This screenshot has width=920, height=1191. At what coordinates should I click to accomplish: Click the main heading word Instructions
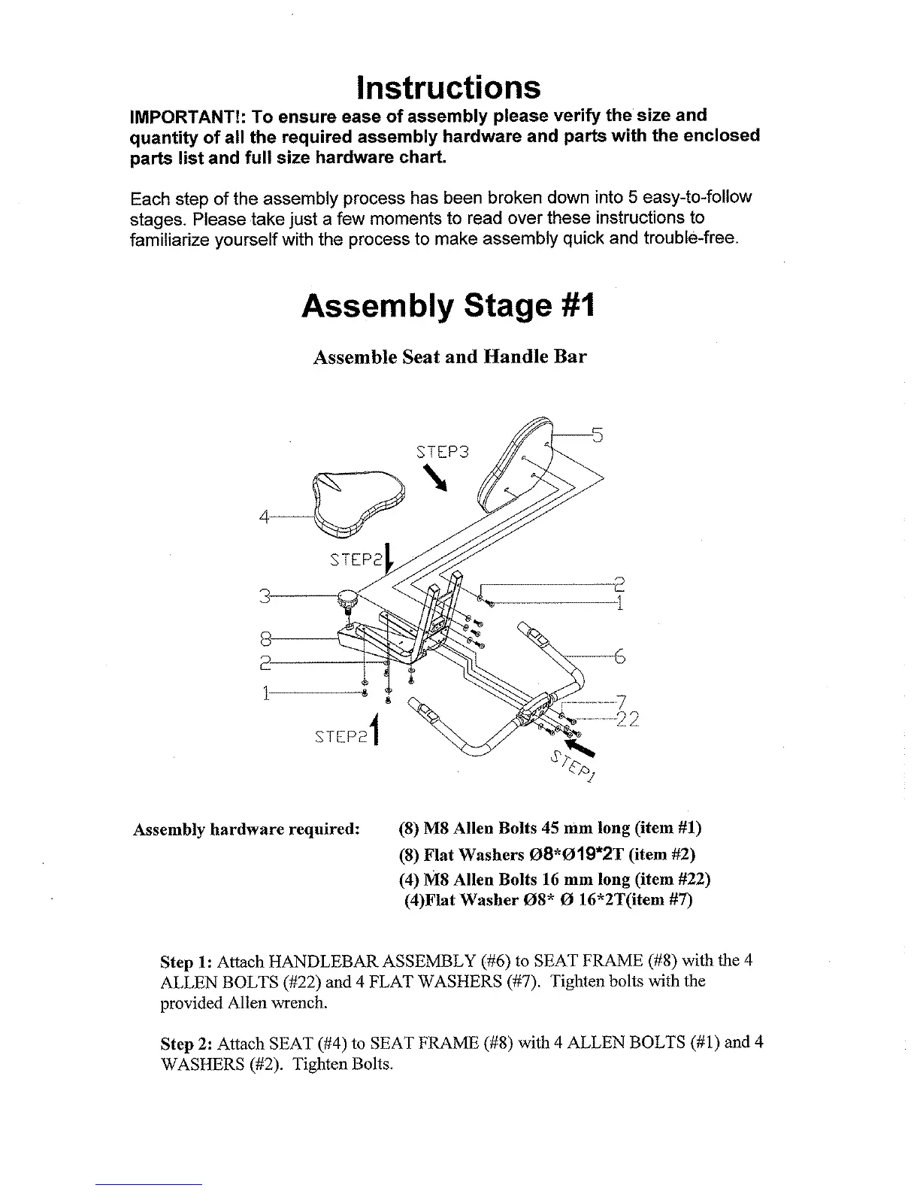pos(449,88)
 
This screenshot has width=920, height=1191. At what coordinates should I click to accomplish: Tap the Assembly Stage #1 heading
pos(448,306)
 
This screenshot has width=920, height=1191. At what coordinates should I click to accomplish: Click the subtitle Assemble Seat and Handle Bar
pos(449,357)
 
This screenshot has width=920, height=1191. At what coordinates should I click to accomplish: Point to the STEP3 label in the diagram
pos(442,452)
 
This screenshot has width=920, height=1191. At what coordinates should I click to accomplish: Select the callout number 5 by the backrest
pos(598,434)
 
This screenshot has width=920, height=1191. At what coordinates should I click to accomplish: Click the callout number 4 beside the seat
pos(264,517)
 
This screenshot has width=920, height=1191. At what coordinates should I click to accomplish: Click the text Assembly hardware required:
pos(247,829)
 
